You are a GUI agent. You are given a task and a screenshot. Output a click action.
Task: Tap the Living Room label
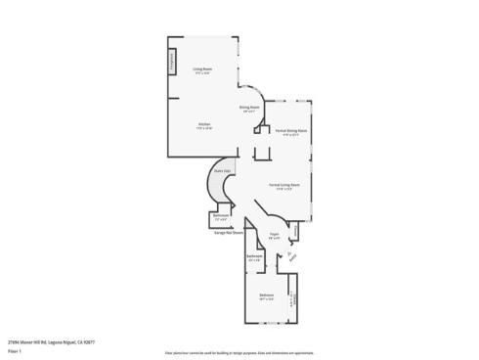click(202, 68)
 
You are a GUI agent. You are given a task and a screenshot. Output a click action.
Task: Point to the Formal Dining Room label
click(291, 130)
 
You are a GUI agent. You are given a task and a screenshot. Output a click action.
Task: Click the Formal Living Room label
click(283, 183)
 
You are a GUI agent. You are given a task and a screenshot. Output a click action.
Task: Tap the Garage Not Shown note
click(228, 233)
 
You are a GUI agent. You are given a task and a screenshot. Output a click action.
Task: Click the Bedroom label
click(266, 294)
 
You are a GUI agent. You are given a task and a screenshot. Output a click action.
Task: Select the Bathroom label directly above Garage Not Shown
click(221, 214)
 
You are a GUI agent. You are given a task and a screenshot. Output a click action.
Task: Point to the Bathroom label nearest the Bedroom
click(254, 257)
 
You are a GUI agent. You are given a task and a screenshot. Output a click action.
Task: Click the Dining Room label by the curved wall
click(249, 107)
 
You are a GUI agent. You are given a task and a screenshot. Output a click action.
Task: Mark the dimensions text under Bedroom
click(266, 299)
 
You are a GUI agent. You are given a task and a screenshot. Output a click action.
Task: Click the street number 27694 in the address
click(14, 341)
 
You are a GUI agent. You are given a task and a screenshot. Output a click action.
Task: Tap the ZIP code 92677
click(90, 341)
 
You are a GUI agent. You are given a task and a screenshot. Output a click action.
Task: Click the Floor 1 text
click(14, 350)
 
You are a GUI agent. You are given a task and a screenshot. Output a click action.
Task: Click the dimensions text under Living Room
click(202, 73)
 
